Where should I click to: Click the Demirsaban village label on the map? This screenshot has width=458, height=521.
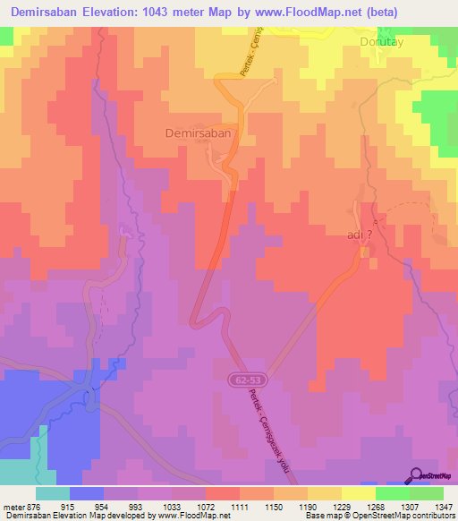(x=199, y=132)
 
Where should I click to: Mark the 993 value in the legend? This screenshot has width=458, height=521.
(x=148, y=506)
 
